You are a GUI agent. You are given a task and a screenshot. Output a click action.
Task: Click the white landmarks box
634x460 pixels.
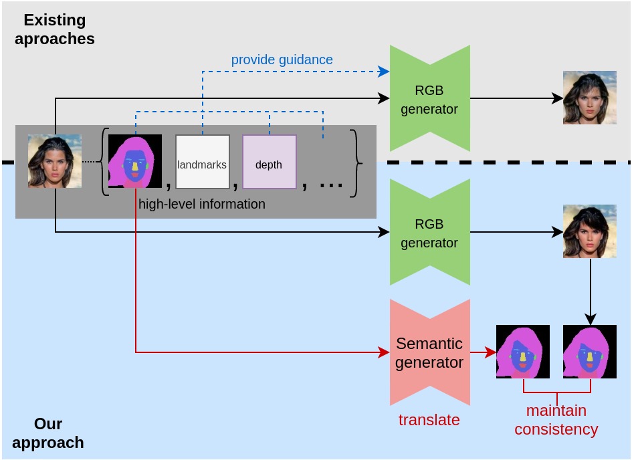tap(203, 162)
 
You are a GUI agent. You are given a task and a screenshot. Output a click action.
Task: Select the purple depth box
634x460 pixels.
tap(270, 162)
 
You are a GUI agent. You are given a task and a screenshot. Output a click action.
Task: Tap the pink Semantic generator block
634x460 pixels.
tap(430, 352)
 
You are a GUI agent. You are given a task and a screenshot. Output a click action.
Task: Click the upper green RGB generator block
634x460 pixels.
tap(430, 98)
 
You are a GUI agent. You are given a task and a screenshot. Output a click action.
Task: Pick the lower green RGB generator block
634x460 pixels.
tap(430, 232)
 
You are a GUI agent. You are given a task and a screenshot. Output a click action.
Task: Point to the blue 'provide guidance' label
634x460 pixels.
tap(282, 60)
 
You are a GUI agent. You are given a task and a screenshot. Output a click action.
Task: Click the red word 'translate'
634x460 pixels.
tap(429, 420)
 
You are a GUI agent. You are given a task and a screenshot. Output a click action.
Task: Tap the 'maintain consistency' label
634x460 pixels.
tap(556, 420)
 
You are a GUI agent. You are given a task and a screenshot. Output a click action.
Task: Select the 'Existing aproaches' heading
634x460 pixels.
tap(55, 29)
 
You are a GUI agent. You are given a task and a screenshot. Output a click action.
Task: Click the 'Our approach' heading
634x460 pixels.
tap(48, 433)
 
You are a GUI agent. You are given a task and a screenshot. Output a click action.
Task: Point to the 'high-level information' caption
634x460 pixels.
tap(202, 204)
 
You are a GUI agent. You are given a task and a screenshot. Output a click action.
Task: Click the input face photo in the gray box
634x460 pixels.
tap(55, 161)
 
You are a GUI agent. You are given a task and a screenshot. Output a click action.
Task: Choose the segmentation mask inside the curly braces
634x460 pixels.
tap(135, 161)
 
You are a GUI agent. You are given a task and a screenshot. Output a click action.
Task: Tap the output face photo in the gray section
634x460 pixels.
tap(590, 98)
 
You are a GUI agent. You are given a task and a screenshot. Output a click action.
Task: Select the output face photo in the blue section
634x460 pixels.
tap(590, 231)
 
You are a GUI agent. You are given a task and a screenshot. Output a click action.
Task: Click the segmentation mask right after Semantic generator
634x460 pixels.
tap(523, 352)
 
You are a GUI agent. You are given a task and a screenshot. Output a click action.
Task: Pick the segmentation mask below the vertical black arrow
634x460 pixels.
tap(590, 352)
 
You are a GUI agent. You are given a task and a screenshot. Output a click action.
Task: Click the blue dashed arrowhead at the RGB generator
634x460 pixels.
tap(384, 72)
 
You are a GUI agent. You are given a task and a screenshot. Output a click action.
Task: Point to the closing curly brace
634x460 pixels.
tap(356, 163)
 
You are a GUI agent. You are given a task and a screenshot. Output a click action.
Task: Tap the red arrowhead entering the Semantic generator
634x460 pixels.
tap(384, 352)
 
